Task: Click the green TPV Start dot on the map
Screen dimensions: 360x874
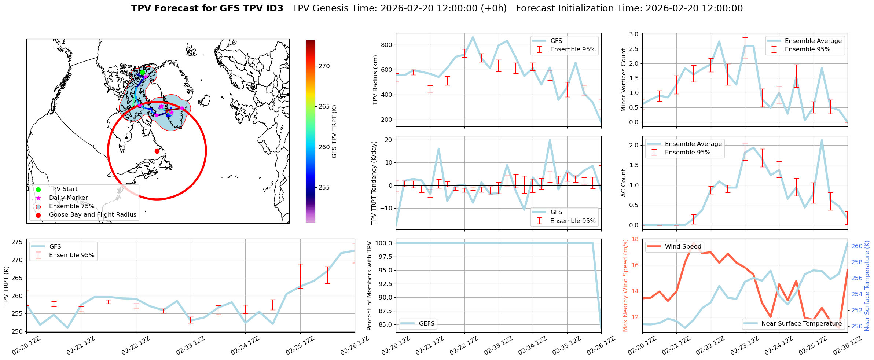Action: point(142,72)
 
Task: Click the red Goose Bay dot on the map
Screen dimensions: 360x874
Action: point(157,151)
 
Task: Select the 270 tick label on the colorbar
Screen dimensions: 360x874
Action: point(324,66)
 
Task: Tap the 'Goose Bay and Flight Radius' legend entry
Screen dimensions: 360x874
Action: point(92,215)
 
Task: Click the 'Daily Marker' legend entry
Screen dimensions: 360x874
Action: point(68,198)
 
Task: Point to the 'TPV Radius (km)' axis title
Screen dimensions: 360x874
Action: point(375,80)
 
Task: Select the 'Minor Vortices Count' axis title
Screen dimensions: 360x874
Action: point(623,80)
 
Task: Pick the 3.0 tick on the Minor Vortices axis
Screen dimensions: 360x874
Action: point(634,34)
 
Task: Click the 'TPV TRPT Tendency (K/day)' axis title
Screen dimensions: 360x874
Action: point(374,183)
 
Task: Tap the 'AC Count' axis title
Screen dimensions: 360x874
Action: point(623,183)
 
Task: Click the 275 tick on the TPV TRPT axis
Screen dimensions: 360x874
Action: point(18,242)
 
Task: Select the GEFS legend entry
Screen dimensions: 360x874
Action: point(426,324)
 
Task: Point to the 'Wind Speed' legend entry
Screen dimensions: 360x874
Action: point(683,247)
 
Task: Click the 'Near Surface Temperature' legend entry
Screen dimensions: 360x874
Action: point(801,324)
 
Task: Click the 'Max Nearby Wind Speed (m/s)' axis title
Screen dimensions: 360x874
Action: point(625,286)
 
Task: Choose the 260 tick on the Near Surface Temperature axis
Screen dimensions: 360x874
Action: point(857,246)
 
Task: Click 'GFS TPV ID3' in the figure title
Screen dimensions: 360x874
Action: point(207,8)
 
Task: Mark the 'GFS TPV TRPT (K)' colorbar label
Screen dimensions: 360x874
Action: point(334,131)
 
